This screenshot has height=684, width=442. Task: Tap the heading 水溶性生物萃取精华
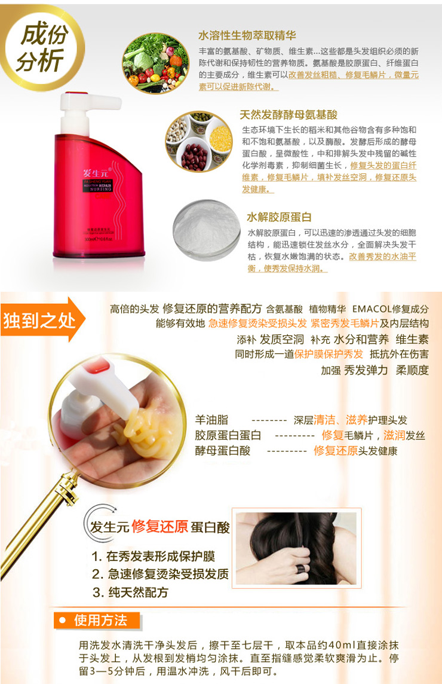point(247,36)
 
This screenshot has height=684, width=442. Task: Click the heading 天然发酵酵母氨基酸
point(288,115)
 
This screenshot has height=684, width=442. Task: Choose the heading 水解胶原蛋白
point(279,217)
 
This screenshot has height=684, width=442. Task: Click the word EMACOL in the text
point(371,309)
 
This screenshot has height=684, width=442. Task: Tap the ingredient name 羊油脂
point(211,420)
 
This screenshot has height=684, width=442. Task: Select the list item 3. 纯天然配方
point(130,593)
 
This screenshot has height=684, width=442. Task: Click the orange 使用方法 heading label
point(99,621)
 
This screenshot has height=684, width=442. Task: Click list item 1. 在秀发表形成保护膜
point(153,556)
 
